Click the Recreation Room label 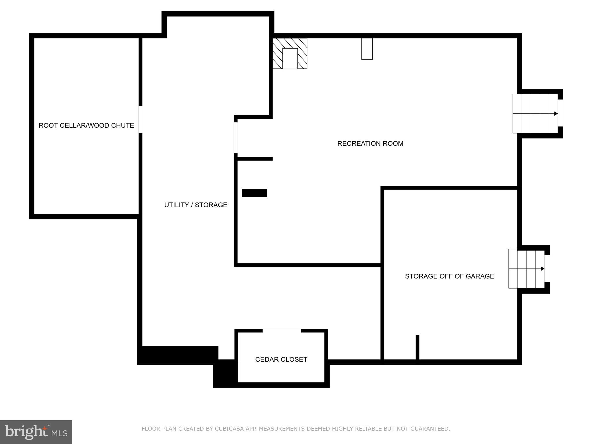click(370, 144)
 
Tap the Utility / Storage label click(196, 205)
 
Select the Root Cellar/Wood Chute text click(86, 125)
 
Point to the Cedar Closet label click(281, 359)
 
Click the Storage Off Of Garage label click(449, 276)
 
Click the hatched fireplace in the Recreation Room click(290, 54)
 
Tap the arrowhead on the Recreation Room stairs click(556, 114)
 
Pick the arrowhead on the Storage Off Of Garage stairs click(543, 269)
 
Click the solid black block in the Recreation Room click(254, 193)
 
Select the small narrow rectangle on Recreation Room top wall click(367, 49)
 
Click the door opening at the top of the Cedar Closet click(282, 330)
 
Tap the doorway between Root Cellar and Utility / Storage click(140, 120)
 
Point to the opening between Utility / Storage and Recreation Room click(236, 138)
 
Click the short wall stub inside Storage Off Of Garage click(417, 348)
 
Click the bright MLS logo click(36, 432)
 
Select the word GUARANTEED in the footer click(432, 429)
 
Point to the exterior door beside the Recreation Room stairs click(560, 113)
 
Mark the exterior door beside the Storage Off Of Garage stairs click(547, 268)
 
